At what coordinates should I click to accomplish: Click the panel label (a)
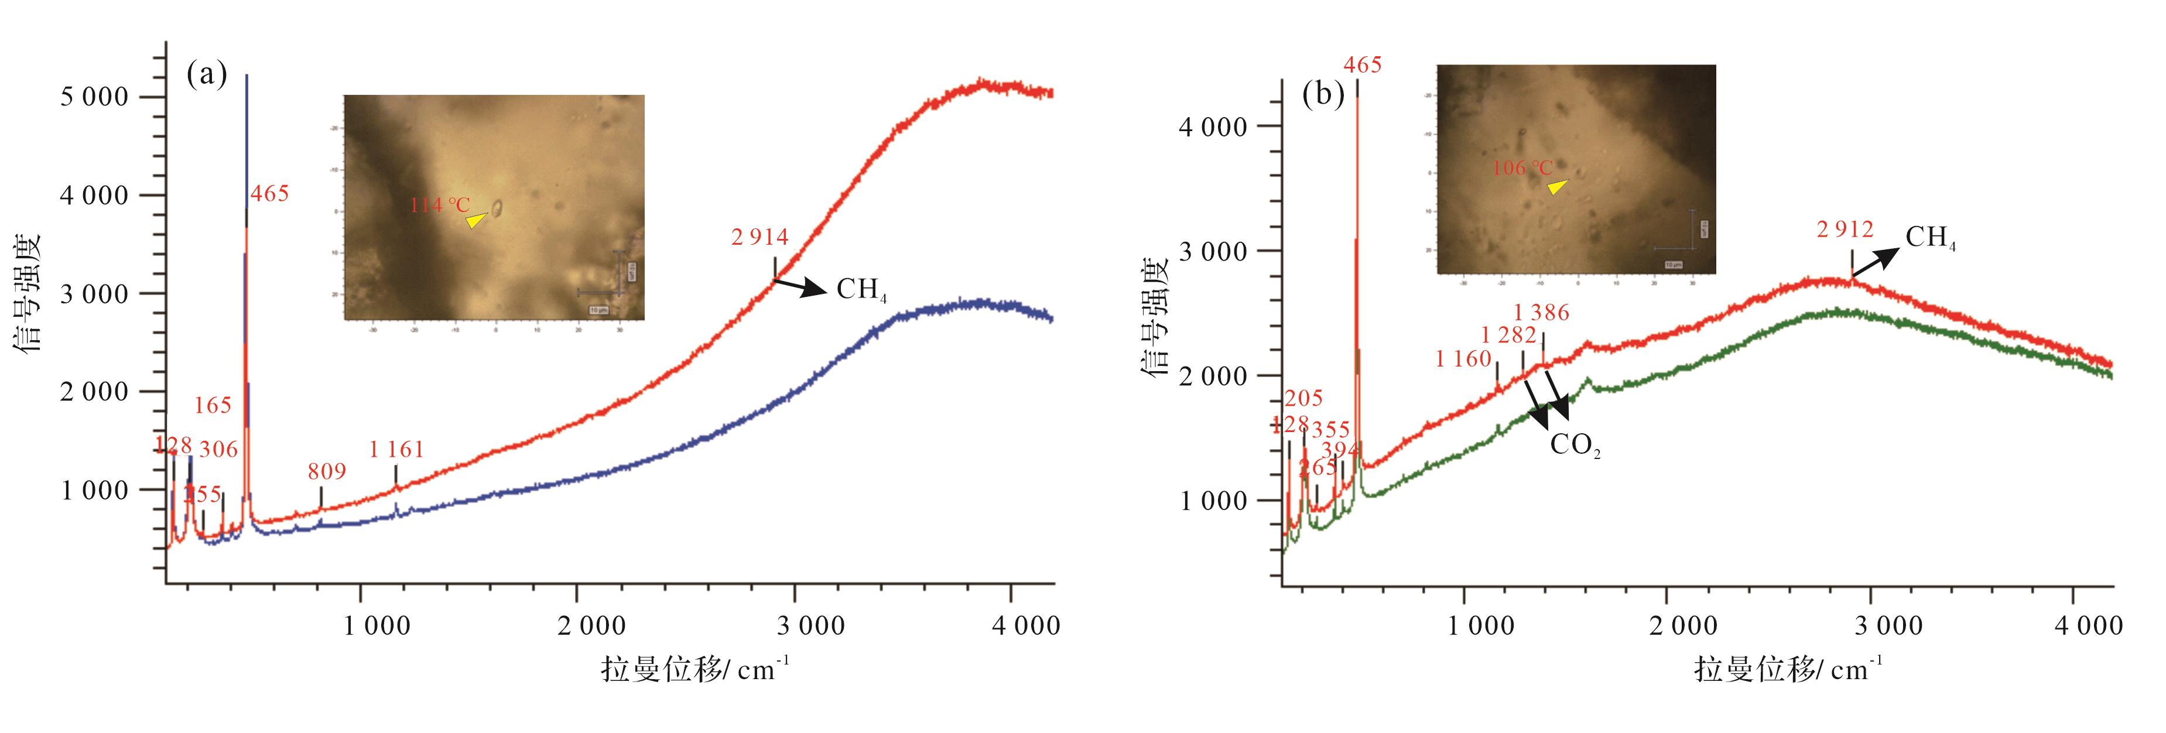tap(206, 75)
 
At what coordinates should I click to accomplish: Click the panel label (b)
tap(1323, 95)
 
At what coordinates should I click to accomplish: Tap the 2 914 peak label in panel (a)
tap(759, 238)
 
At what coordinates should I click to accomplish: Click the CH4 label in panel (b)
tap(1929, 239)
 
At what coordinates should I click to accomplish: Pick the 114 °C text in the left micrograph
tap(440, 204)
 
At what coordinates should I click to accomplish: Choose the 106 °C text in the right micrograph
tap(1522, 168)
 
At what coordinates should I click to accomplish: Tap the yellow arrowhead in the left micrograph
tap(476, 220)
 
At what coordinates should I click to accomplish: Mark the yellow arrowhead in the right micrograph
tap(1557, 187)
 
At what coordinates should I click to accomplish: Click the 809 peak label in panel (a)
tap(326, 471)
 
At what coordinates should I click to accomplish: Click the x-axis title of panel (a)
tap(694, 670)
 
